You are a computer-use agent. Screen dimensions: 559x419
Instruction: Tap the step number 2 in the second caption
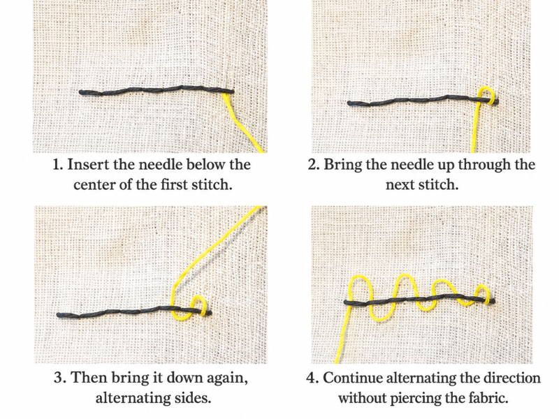[313, 165]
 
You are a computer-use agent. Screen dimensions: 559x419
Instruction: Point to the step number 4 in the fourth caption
[312, 377]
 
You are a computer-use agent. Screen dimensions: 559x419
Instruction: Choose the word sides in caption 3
[194, 398]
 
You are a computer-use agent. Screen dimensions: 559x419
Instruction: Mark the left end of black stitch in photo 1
[80, 92]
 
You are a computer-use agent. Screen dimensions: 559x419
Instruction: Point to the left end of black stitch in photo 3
[59, 315]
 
